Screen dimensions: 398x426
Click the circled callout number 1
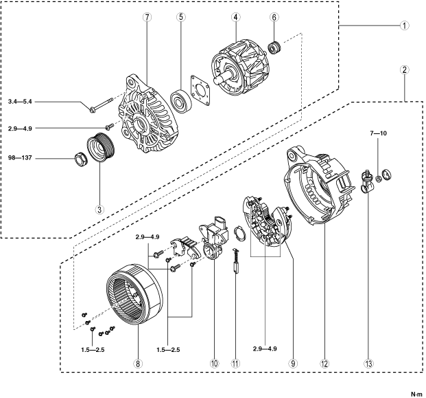pyautogui.click(x=405, y=25)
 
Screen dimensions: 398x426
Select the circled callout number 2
pyautogui.click(x=405, y=70)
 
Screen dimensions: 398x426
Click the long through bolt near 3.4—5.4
pyautogui.click(x=100, y=106)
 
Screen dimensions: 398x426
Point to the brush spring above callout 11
pyautogui.click(x=236, y=262)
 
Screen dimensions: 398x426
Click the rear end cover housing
pyautogui.click(x=316, y=186)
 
